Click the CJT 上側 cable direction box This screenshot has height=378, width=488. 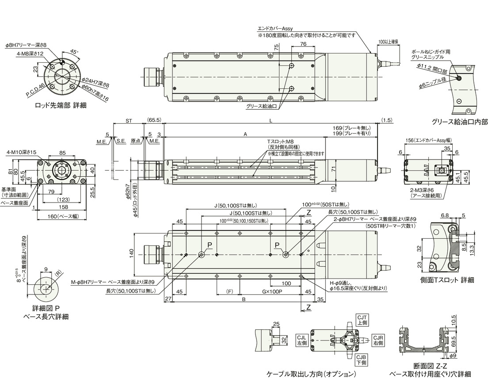click(362, 320)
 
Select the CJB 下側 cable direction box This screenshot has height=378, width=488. click(361, 360)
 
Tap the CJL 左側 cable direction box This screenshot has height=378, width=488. click(302, 340)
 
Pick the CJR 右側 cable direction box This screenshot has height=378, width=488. click(378, 340)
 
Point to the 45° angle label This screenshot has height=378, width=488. click(74, 51)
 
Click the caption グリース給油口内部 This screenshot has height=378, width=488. click(460, 121)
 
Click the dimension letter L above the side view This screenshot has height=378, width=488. click(271, 120)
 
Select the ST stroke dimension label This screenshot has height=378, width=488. click(129, 120)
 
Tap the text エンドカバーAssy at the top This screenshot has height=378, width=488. click(279, 28)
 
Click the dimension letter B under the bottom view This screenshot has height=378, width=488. click(244, 299)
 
